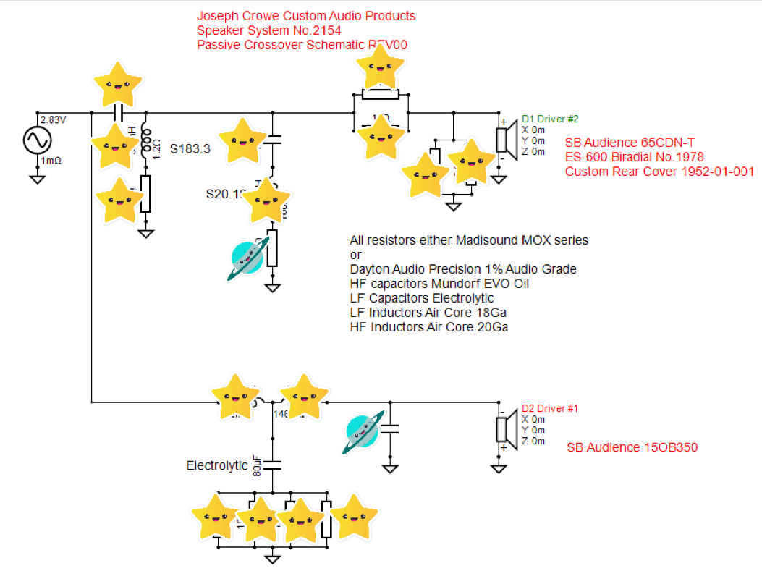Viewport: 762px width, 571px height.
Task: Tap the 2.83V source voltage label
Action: [53, 119]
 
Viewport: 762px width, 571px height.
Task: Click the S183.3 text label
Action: [190, 149]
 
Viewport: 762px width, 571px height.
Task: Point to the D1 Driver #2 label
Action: [550, 119]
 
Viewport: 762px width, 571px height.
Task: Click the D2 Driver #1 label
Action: [550, 408]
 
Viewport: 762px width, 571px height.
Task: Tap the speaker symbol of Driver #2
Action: [505, 140]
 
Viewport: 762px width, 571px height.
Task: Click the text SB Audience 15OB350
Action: [632, 447]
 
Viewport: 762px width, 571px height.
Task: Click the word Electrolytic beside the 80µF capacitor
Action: [217, 465]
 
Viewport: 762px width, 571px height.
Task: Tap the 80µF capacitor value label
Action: [257, 465]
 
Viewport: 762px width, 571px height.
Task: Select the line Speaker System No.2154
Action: [268, 30]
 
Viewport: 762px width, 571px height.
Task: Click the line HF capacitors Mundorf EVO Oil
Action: [439, 284]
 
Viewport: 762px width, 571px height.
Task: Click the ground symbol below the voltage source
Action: [36, 179]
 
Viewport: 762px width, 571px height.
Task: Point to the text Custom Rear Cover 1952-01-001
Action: [659, 172]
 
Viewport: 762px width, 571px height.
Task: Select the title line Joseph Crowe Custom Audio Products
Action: [306, 16]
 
